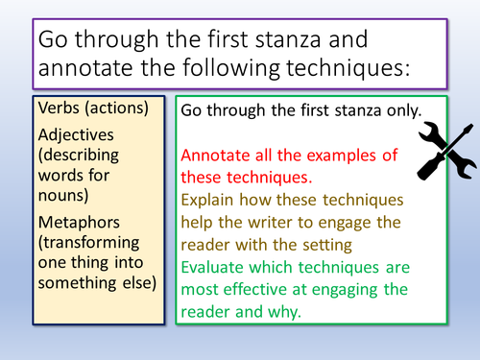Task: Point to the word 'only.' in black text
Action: pyautogui.click(x=399, y=109)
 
